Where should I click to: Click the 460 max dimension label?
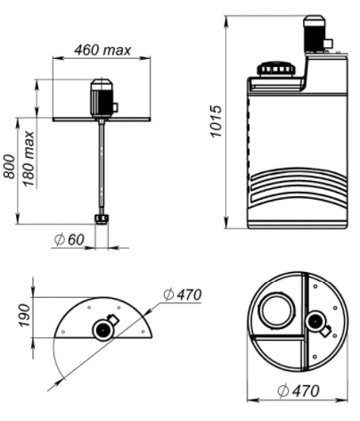pyautogui.click(x=102, y=50)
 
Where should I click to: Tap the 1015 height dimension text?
pyautogui.click(x=216, y=121)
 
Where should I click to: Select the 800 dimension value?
pyautogui.click(x=10, y=167)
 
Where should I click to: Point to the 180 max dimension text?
pyautogui.click(x=29, y=159)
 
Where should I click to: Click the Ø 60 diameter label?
pyautogui.click(x=70, y=240)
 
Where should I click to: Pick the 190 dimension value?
pyautogui.click(x=25, y=315)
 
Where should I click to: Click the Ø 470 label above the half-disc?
pyautogui.click(x=183, y=294)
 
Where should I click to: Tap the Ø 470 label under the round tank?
pyautogui.click(x=299, y=391)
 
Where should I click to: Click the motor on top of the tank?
pyautogui.click(x=315, y=34)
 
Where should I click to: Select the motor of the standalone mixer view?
pyautogui.click(x=102, y=98)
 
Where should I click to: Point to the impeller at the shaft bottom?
pyautogui.click(x=102, y=219)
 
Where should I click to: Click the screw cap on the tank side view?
pyautogui.click(x=276, y=70)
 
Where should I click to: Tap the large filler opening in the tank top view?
pyautogui.click(x=277, y=310)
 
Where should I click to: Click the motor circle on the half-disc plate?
pyautogui.click(x=103, y=330)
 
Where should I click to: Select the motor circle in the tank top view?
pyautogui.click(x=316, y=322)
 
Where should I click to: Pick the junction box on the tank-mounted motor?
pyautogui.click(x=328, y=44)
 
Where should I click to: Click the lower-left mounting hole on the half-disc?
pyautogui.click(x=63, y=332)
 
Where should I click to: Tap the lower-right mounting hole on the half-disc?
pyautogui.click(x=143, y=332)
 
